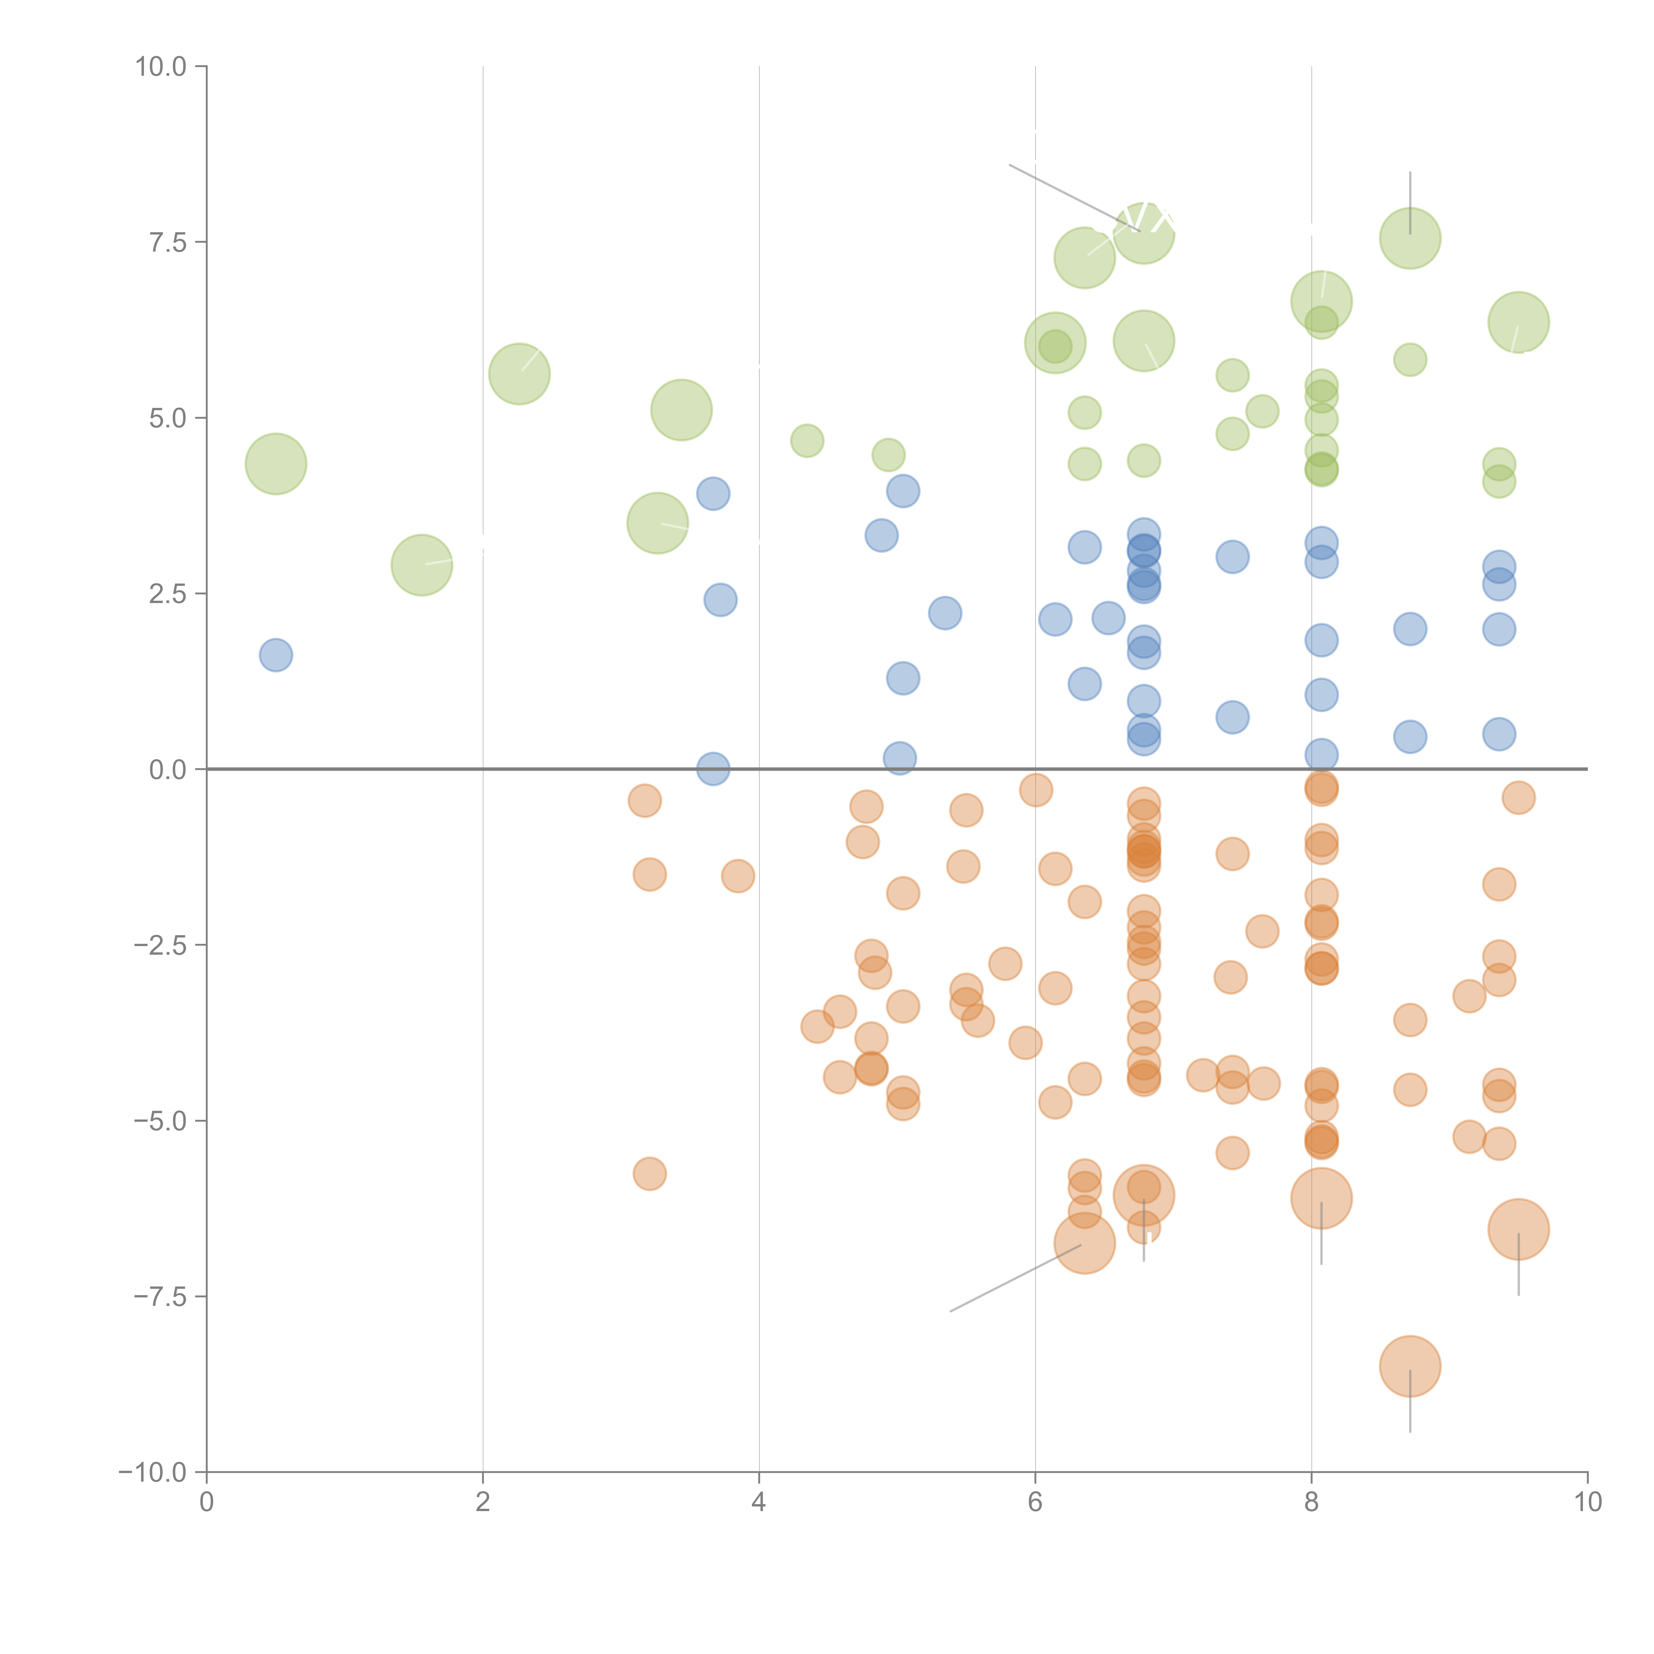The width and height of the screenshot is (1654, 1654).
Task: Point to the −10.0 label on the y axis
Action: click(x=152, y=1472)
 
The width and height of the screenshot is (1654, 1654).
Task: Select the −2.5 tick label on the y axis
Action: click(x=160, y=945)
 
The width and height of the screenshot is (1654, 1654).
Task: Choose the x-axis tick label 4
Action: click(x=759, y=1502)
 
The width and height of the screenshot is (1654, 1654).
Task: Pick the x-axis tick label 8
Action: click(x=1312, y=1502)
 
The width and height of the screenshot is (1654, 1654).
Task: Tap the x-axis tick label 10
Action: click(x=1587, y=1502)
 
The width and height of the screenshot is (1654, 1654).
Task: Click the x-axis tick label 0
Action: click(x=206, y=1502)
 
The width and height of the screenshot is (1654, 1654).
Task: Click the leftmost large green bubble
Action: click(x=276, y=464)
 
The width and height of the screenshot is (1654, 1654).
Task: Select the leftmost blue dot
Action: click(x=276, y=655)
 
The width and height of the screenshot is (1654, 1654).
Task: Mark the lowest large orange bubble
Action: click(x=1410, y=1366)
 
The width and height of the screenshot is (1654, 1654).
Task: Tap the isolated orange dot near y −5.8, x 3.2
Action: click(x=650, y=1174)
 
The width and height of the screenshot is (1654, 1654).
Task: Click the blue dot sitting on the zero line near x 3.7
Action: click(x=713, y=769)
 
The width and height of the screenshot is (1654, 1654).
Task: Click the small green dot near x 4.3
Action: click(x=806, y=441)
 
